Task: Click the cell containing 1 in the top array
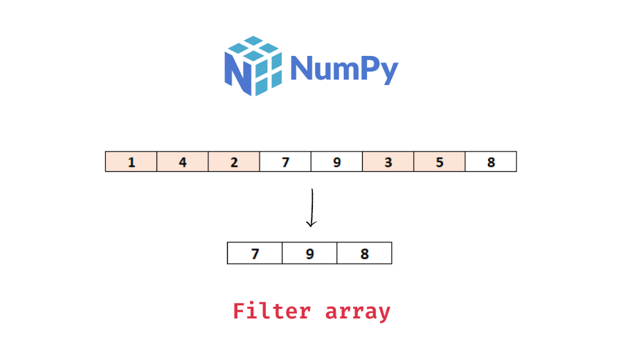132,162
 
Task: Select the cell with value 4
183,162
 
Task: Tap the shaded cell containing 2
234,162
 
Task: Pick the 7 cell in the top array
285,162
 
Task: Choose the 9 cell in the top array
336,162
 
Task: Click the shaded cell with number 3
388,162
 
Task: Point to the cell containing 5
440,162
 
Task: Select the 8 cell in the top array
491,162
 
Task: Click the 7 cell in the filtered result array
255,253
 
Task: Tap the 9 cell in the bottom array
309,253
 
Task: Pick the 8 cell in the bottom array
364,253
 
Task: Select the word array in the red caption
358,312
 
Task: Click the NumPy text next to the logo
344,69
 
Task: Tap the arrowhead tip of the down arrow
311,226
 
